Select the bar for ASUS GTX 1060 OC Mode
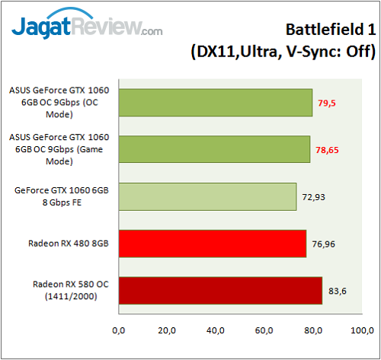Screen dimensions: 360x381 215,103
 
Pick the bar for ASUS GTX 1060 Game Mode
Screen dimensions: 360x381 214,150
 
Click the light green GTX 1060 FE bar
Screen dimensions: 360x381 207,196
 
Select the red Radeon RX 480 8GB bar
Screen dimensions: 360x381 212,244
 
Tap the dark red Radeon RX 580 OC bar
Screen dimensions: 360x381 220,291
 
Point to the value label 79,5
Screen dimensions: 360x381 328,103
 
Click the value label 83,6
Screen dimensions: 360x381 338,291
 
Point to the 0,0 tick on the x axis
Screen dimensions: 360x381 118,331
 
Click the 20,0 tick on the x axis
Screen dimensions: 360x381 167,331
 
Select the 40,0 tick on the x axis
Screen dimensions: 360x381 216,331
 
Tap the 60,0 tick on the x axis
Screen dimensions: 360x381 264,331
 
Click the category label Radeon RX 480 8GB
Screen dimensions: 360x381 68,244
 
